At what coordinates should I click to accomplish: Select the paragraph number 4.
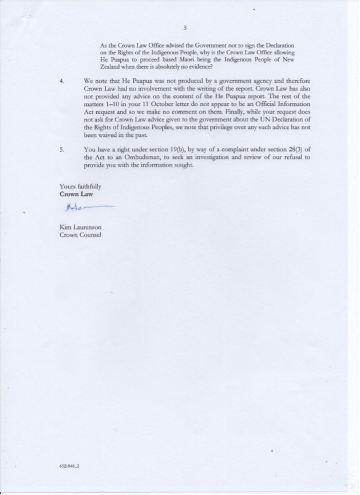click(x=62, y=81)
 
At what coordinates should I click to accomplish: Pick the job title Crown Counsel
click(x=81, y=235)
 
